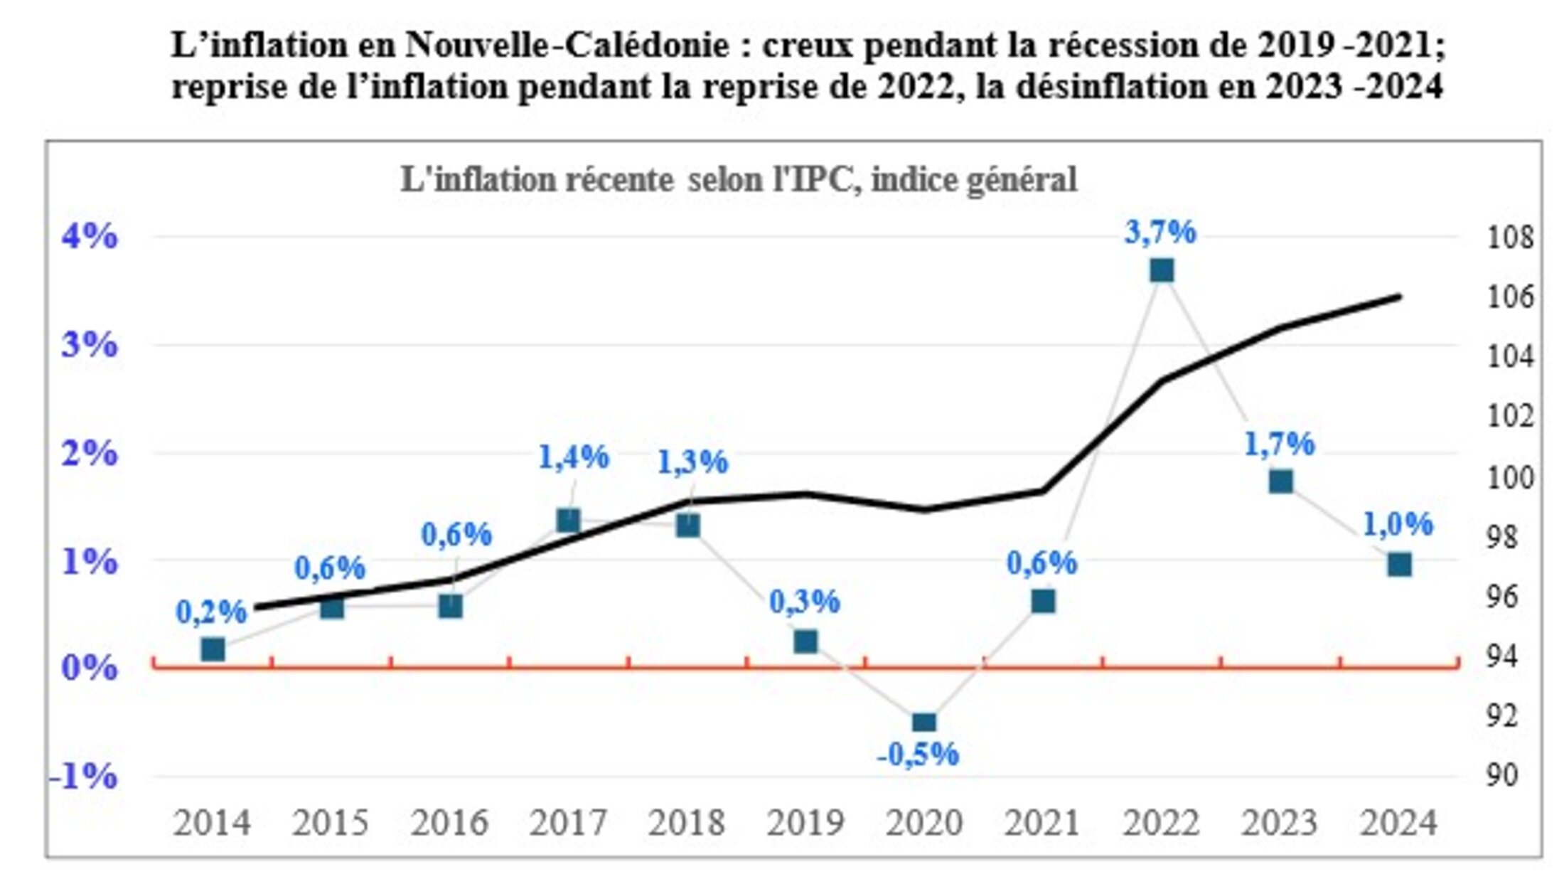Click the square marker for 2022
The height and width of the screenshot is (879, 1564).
pyautogui.click(x=1162, y=271)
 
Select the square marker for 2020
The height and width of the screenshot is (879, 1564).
pyautogui.click(x=923, y=723)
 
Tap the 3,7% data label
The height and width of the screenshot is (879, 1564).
pyautogui.click(x=1160, y=233)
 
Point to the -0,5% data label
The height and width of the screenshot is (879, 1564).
pyautogui.click(x=918, y=755)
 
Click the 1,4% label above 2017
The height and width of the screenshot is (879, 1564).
pyautogui.click(x=573, y=457)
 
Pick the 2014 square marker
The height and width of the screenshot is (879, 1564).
pyautogui.click(x=213, y=649)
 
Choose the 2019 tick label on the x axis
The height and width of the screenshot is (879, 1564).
pyautogui.click(x=805, y=824)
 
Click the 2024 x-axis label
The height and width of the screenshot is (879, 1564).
pyautogui.click(x=1398, y=824)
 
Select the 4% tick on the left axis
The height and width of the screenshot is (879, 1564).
pyautogui.click(x=89, y=236)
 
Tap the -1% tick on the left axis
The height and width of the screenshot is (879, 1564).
pyautogui.click(x=83, y=776)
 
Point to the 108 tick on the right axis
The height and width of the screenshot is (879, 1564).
pyautogui.click(x=1511, y=238)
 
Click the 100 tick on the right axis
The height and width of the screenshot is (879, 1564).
pyautogui.click(x=1511, y=477)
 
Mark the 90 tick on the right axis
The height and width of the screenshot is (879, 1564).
pyautogui.click(x=1502, y=775)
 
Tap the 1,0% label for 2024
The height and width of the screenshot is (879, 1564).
pyautogui.click(x=1398, y=525)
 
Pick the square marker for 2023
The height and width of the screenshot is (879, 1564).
pyautogui.click(x=1280, y=482)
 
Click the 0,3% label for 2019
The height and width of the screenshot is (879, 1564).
pyautogui.click(x=805, y=602)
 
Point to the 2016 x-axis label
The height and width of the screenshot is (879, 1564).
pyautogui.click(x=449, y=824)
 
